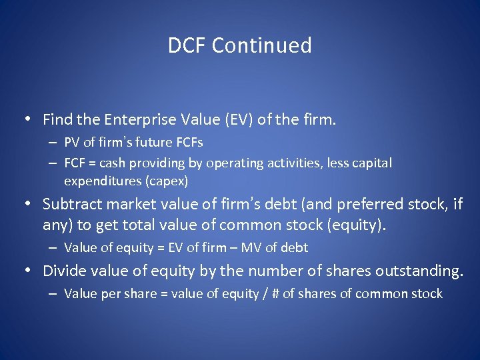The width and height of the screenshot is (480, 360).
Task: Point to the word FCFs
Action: tap(190, 143)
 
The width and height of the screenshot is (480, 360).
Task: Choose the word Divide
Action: tap(63, 271)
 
